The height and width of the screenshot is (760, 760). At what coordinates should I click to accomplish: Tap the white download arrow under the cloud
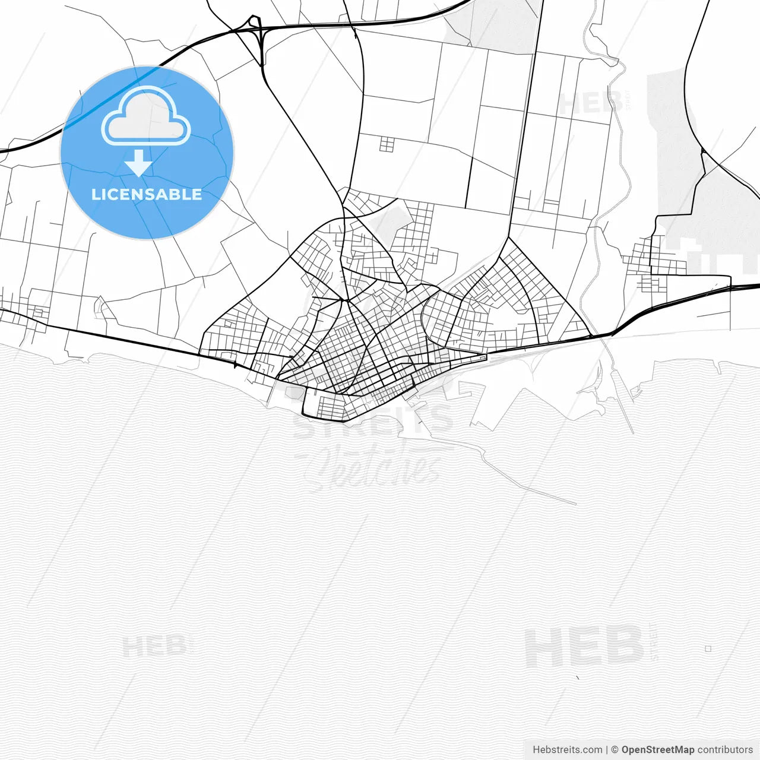[139, 163]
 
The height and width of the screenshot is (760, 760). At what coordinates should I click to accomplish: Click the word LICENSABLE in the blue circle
[147, 194]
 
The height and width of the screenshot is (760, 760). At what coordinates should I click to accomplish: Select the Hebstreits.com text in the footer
[567, 750]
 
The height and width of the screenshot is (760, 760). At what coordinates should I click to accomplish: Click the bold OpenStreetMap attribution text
[657, 750]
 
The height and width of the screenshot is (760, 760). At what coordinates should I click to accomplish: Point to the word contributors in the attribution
[725, 750]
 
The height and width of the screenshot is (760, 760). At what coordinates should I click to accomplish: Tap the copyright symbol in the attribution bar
[615, 750]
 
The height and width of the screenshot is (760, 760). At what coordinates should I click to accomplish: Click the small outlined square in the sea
[708, 649]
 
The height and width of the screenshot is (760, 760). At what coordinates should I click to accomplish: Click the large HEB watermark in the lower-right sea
[585, 647]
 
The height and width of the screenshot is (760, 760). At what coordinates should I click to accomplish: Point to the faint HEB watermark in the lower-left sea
[157, 646]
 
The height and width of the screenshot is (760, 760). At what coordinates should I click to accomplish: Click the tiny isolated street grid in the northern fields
[387, 144]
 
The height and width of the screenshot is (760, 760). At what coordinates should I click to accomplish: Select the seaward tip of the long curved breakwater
[575, 504]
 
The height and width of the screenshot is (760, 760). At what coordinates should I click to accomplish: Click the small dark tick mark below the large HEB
[577, 677]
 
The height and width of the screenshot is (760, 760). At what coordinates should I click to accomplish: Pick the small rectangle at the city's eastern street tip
[484, 357]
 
